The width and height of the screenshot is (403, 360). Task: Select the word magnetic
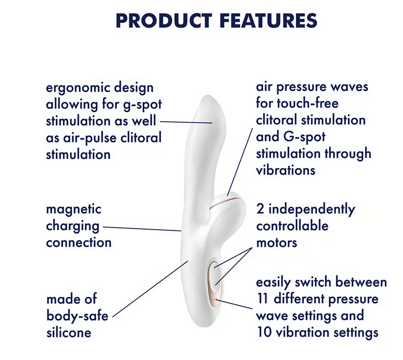point(74,210)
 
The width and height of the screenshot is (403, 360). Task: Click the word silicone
point(69,332)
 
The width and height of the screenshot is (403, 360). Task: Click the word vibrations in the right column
point(286,170)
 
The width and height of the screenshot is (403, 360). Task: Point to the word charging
point(72,226)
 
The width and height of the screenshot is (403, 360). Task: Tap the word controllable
point(292,226)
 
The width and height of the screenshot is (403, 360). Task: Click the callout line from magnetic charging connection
point(141,229)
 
